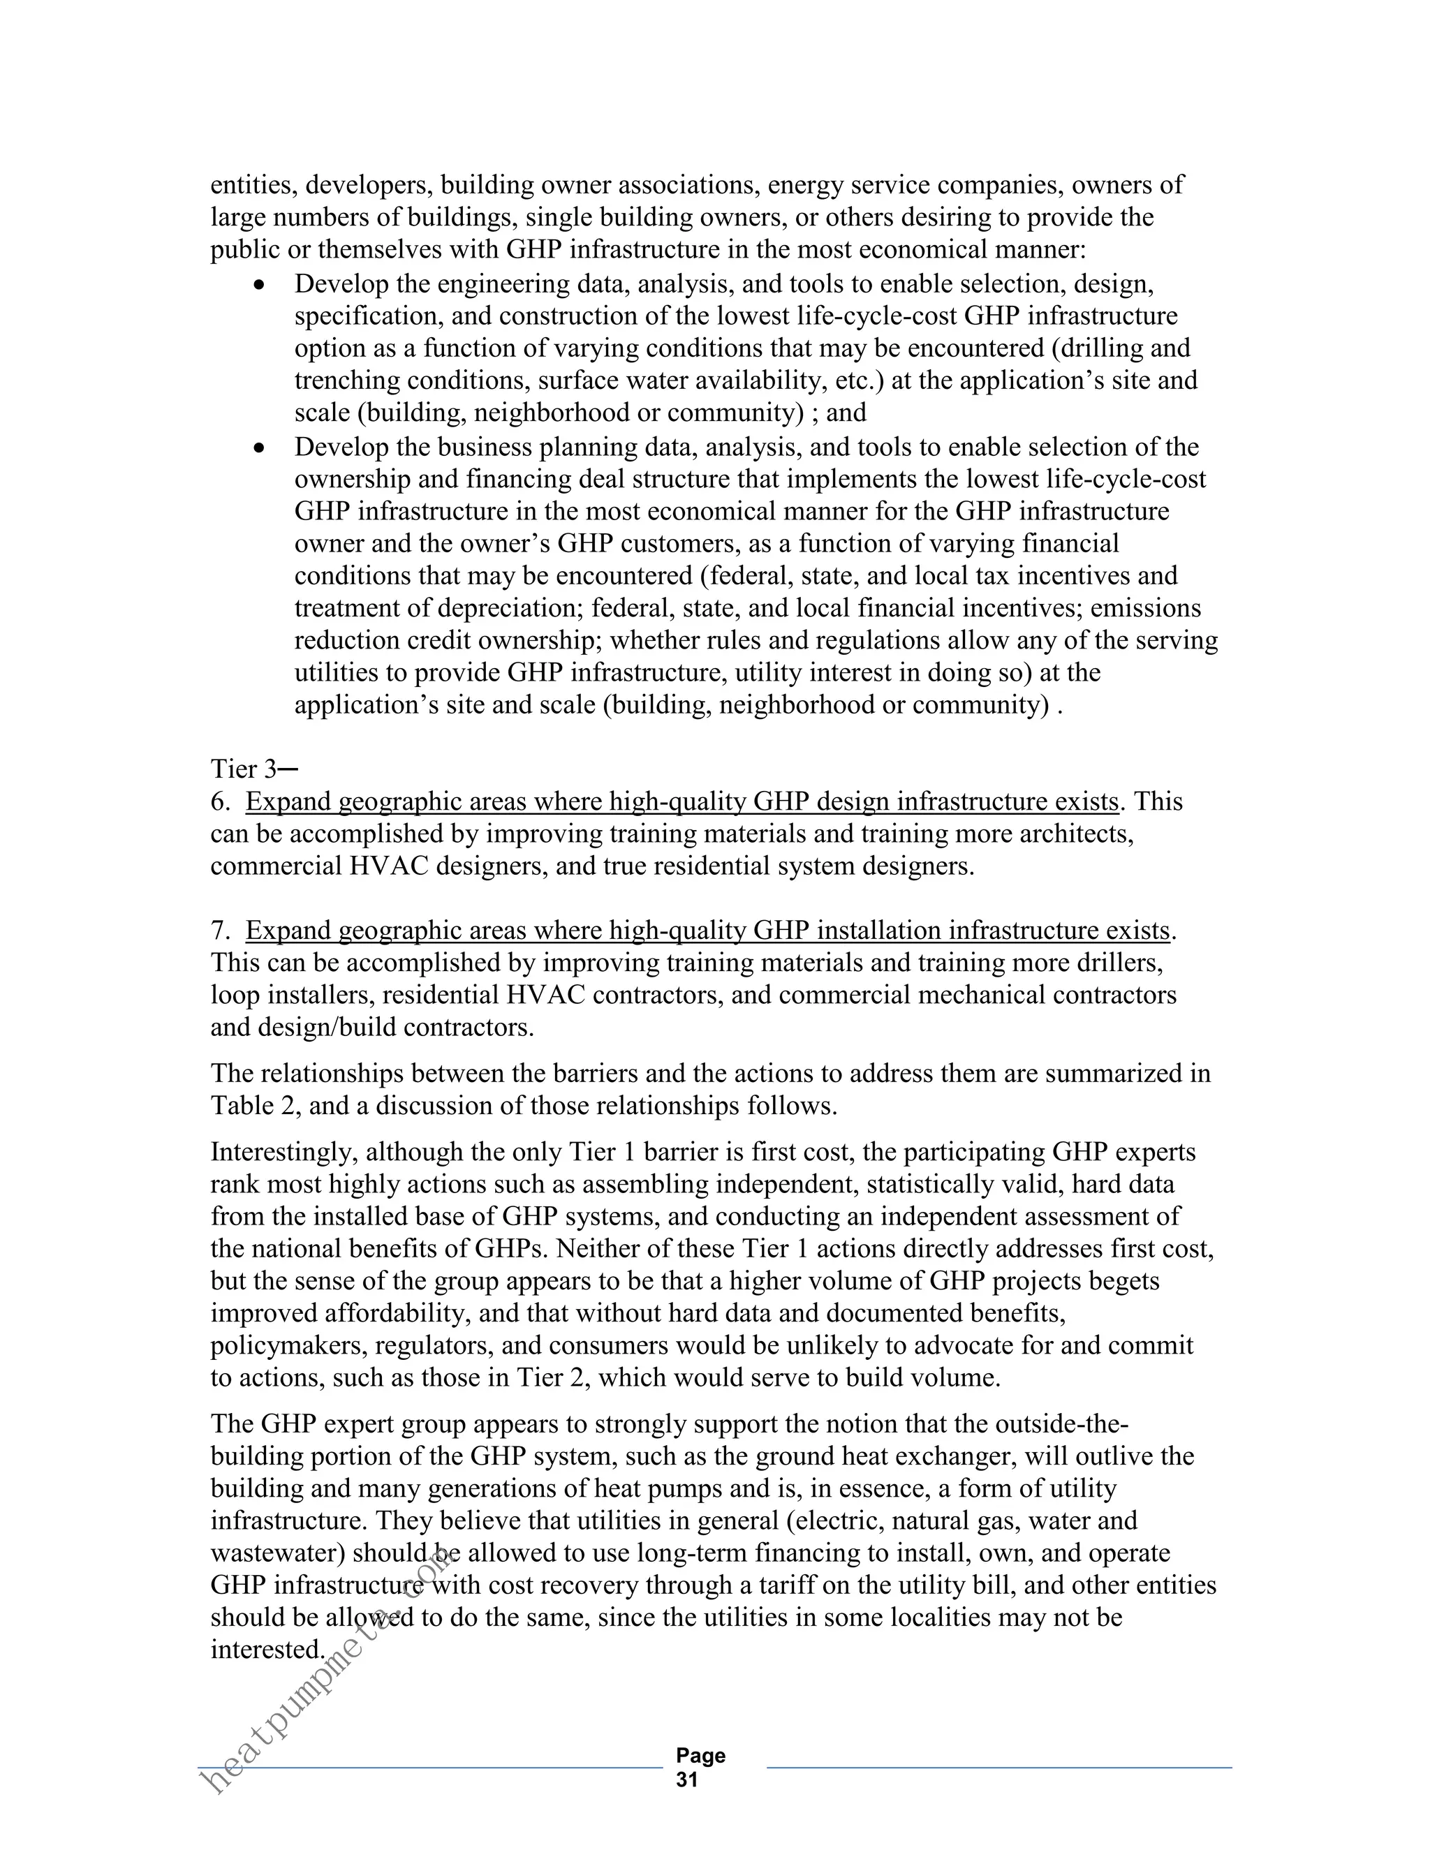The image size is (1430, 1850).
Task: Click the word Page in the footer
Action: pyautogui.click(x=700, y=1755)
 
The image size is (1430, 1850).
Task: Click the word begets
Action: pyautogui.click(x=1123, y=1281)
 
